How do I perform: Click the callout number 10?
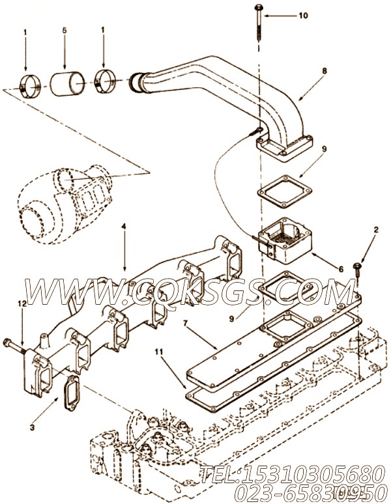303,16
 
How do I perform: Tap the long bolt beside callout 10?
259,23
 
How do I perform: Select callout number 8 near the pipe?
325,71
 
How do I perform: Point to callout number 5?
65,31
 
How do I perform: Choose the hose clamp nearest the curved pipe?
106,81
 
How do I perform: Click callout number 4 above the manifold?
124,227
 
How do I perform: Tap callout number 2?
376,230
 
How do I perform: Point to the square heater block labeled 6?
283,244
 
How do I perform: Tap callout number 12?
22,303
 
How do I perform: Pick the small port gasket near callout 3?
72,393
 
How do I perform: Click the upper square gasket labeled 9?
285,191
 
